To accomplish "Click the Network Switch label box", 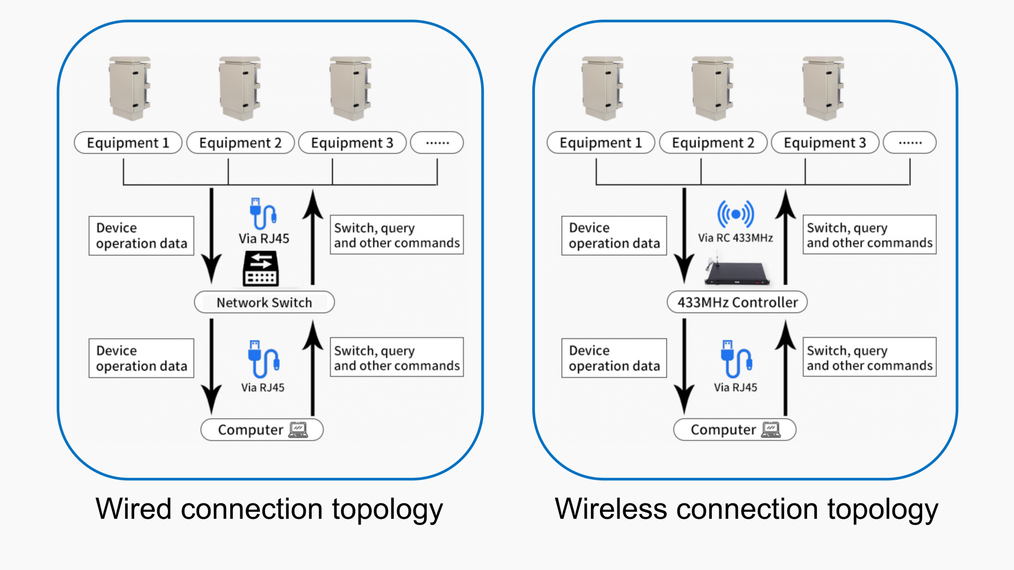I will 264,302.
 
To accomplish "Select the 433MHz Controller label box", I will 737,302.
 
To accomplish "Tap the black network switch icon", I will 261,269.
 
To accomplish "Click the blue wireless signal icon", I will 735,214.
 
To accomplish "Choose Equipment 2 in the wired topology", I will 240,143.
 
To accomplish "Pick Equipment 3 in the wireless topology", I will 825,143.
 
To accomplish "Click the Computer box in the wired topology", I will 262,430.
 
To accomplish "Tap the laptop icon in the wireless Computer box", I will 771,430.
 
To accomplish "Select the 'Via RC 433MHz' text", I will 735,238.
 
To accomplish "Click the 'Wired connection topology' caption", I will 269,509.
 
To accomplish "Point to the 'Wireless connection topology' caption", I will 746,509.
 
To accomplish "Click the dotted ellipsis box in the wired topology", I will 437,143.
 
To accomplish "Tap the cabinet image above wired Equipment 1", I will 130,89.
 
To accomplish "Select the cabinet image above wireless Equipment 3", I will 823,89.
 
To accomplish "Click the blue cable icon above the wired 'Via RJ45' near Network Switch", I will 262,214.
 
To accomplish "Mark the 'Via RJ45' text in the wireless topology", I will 735,387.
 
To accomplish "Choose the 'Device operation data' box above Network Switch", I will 142,235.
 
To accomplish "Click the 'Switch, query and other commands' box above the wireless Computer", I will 869,357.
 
